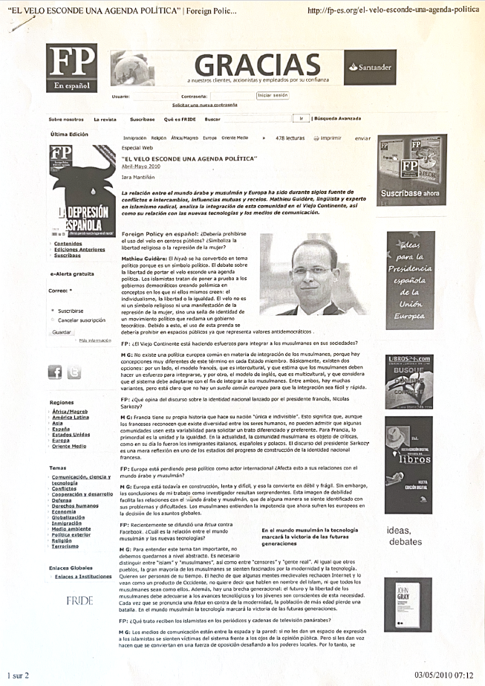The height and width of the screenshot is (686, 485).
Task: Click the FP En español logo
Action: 71,68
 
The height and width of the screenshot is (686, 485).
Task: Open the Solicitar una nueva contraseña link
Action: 204,106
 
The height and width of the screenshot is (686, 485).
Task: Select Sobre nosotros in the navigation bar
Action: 66,119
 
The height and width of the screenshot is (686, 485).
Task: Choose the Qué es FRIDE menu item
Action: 179,119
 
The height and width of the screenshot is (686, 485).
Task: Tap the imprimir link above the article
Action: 331,138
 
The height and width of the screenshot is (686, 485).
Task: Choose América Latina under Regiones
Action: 71,417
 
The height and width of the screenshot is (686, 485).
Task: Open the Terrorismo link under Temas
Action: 65,546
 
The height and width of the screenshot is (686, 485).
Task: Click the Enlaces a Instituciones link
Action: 83,576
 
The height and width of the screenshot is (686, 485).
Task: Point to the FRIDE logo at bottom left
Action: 79,598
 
